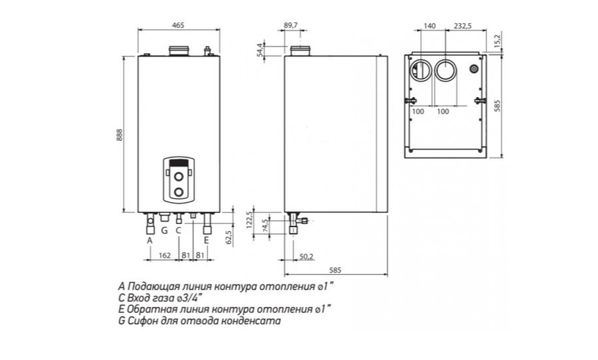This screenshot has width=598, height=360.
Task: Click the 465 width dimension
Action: tap(178, 25)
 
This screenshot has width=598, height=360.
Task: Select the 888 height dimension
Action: tap(119, 135)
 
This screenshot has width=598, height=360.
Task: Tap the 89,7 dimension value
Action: tap(290, 25)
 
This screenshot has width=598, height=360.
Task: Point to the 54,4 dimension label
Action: tap(260, 50)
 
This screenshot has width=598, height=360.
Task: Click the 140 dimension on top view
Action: tap(429, 26)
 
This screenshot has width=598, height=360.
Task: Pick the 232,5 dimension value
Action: tap(463, 26)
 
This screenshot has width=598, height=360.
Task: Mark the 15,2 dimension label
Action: tap(496, 40)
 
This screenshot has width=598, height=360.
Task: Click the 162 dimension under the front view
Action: tap(165, 256)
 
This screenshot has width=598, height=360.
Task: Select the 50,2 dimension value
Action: tap(306, 256)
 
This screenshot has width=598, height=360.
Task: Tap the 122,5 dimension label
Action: tap(250, 221)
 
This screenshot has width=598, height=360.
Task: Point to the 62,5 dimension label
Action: tap(229, 238)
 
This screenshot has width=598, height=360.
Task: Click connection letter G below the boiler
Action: tap(164, 230)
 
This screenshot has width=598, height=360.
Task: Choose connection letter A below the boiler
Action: tap(150, 240)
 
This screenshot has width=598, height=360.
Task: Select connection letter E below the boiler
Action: tap(207, 240)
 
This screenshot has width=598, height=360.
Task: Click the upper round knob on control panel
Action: tap(179, 176)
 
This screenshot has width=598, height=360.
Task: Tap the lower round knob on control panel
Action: tap(179, 192)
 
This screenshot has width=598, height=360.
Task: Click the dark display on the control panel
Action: tap(179, 163)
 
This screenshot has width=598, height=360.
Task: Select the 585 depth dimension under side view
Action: tap(336, 270)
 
